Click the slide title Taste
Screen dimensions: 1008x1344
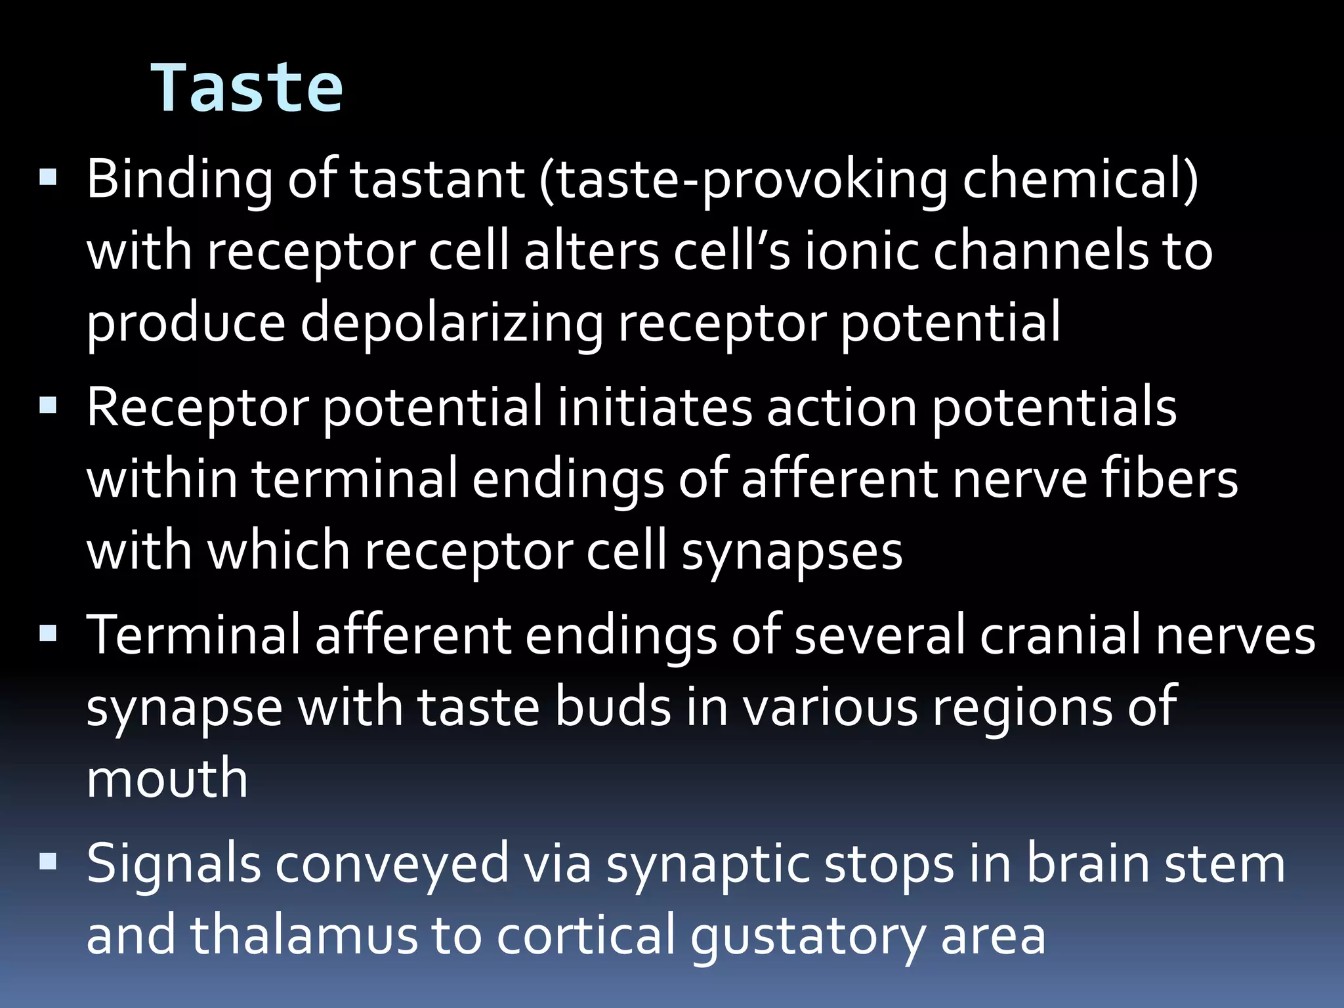point(247,88)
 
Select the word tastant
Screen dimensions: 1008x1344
point(438,178)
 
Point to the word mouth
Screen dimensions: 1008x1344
point(167,778)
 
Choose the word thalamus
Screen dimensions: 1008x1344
point(304,934)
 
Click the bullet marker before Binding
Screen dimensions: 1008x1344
point(48,177)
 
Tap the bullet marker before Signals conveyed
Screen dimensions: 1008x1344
point(48,861)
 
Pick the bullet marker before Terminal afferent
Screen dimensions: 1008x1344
point(48,633)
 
